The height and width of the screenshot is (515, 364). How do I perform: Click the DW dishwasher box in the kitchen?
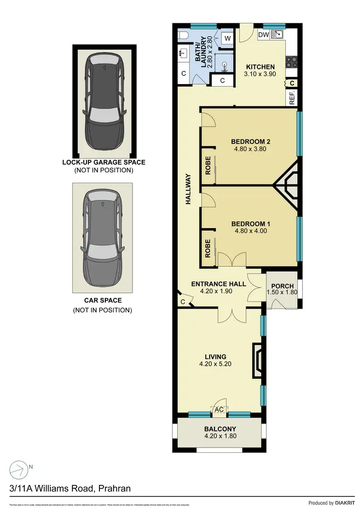pyautogui.click(x=264, y=35)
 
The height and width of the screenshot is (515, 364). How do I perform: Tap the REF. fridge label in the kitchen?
pyautogui.click(x=292, y=97)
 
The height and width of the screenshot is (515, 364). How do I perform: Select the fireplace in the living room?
pyautogui.click(x=257, y=360)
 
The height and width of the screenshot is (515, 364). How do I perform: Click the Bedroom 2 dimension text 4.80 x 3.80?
pyautogui.click(x=250, y=150)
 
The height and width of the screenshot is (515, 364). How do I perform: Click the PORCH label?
pyautogui.click(x=282, y=286)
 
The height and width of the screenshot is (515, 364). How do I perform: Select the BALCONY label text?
pyautogui.click(x=220, y=429)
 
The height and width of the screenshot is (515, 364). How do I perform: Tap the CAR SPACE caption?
pyautogui.click(x=102, y=301)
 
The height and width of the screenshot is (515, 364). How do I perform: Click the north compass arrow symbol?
pyautogui.click(x=19, y=469)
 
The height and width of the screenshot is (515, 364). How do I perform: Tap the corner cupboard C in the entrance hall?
pyautogui.click(x=183, y=302)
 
